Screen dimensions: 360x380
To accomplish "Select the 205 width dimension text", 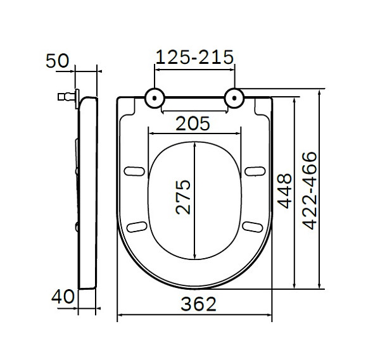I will click(194, 121).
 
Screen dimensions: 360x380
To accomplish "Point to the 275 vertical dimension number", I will click(183, 197).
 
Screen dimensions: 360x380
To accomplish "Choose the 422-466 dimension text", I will click(310, 190).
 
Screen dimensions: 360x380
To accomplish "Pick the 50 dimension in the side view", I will click(57, 61).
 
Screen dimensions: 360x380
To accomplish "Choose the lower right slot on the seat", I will click(253, 226).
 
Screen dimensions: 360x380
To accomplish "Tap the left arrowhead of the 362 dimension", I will click(120, 315).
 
